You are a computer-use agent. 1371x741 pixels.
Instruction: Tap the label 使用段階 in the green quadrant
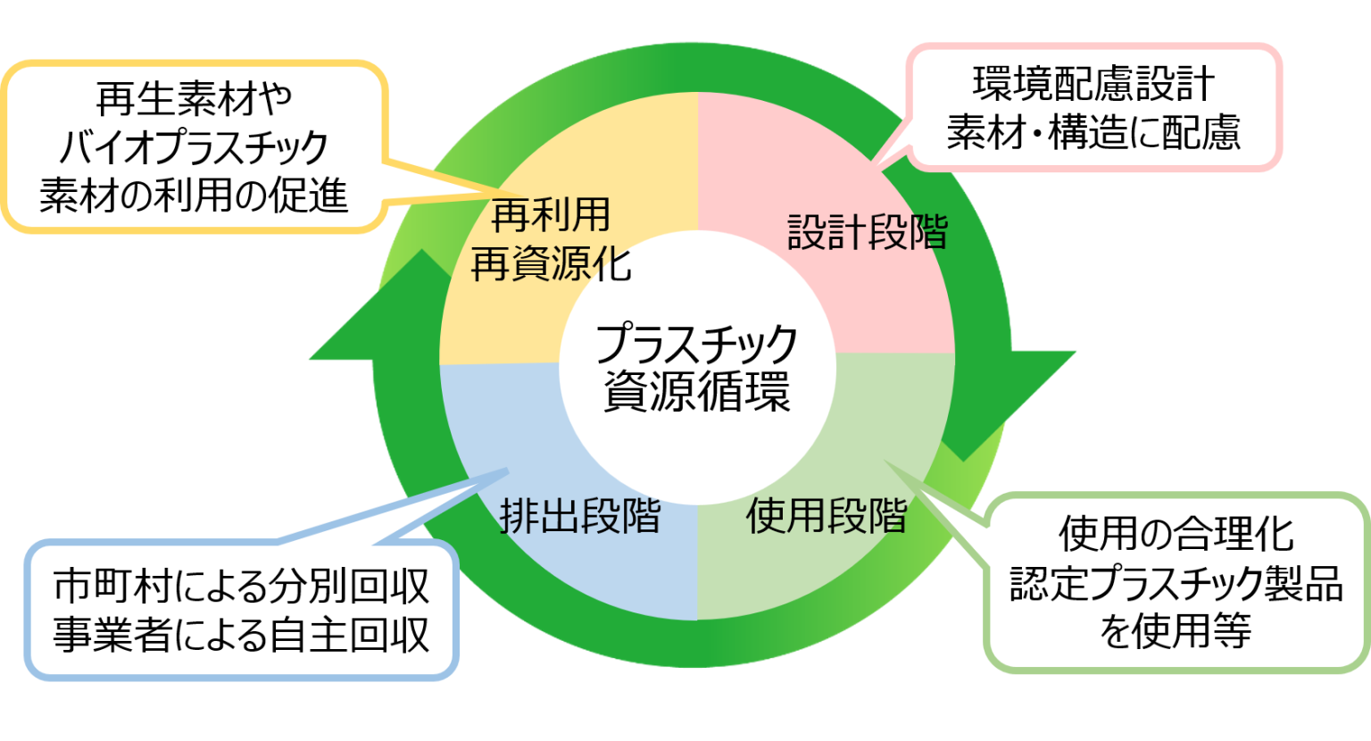pos(826,516)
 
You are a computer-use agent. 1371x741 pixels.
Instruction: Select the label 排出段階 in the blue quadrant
pos(579,516)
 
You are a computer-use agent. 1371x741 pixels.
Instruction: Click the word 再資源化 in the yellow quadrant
pos(551,264)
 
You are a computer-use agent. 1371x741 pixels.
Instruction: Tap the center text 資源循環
pos(697,392)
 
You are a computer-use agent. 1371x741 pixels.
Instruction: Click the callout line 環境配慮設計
pos(1093,86)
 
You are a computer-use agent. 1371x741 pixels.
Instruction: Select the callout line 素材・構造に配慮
pos(1093,132)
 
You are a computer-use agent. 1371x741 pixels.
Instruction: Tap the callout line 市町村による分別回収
pos(242,587)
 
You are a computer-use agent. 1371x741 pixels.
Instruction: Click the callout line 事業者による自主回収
pos(242,635)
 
